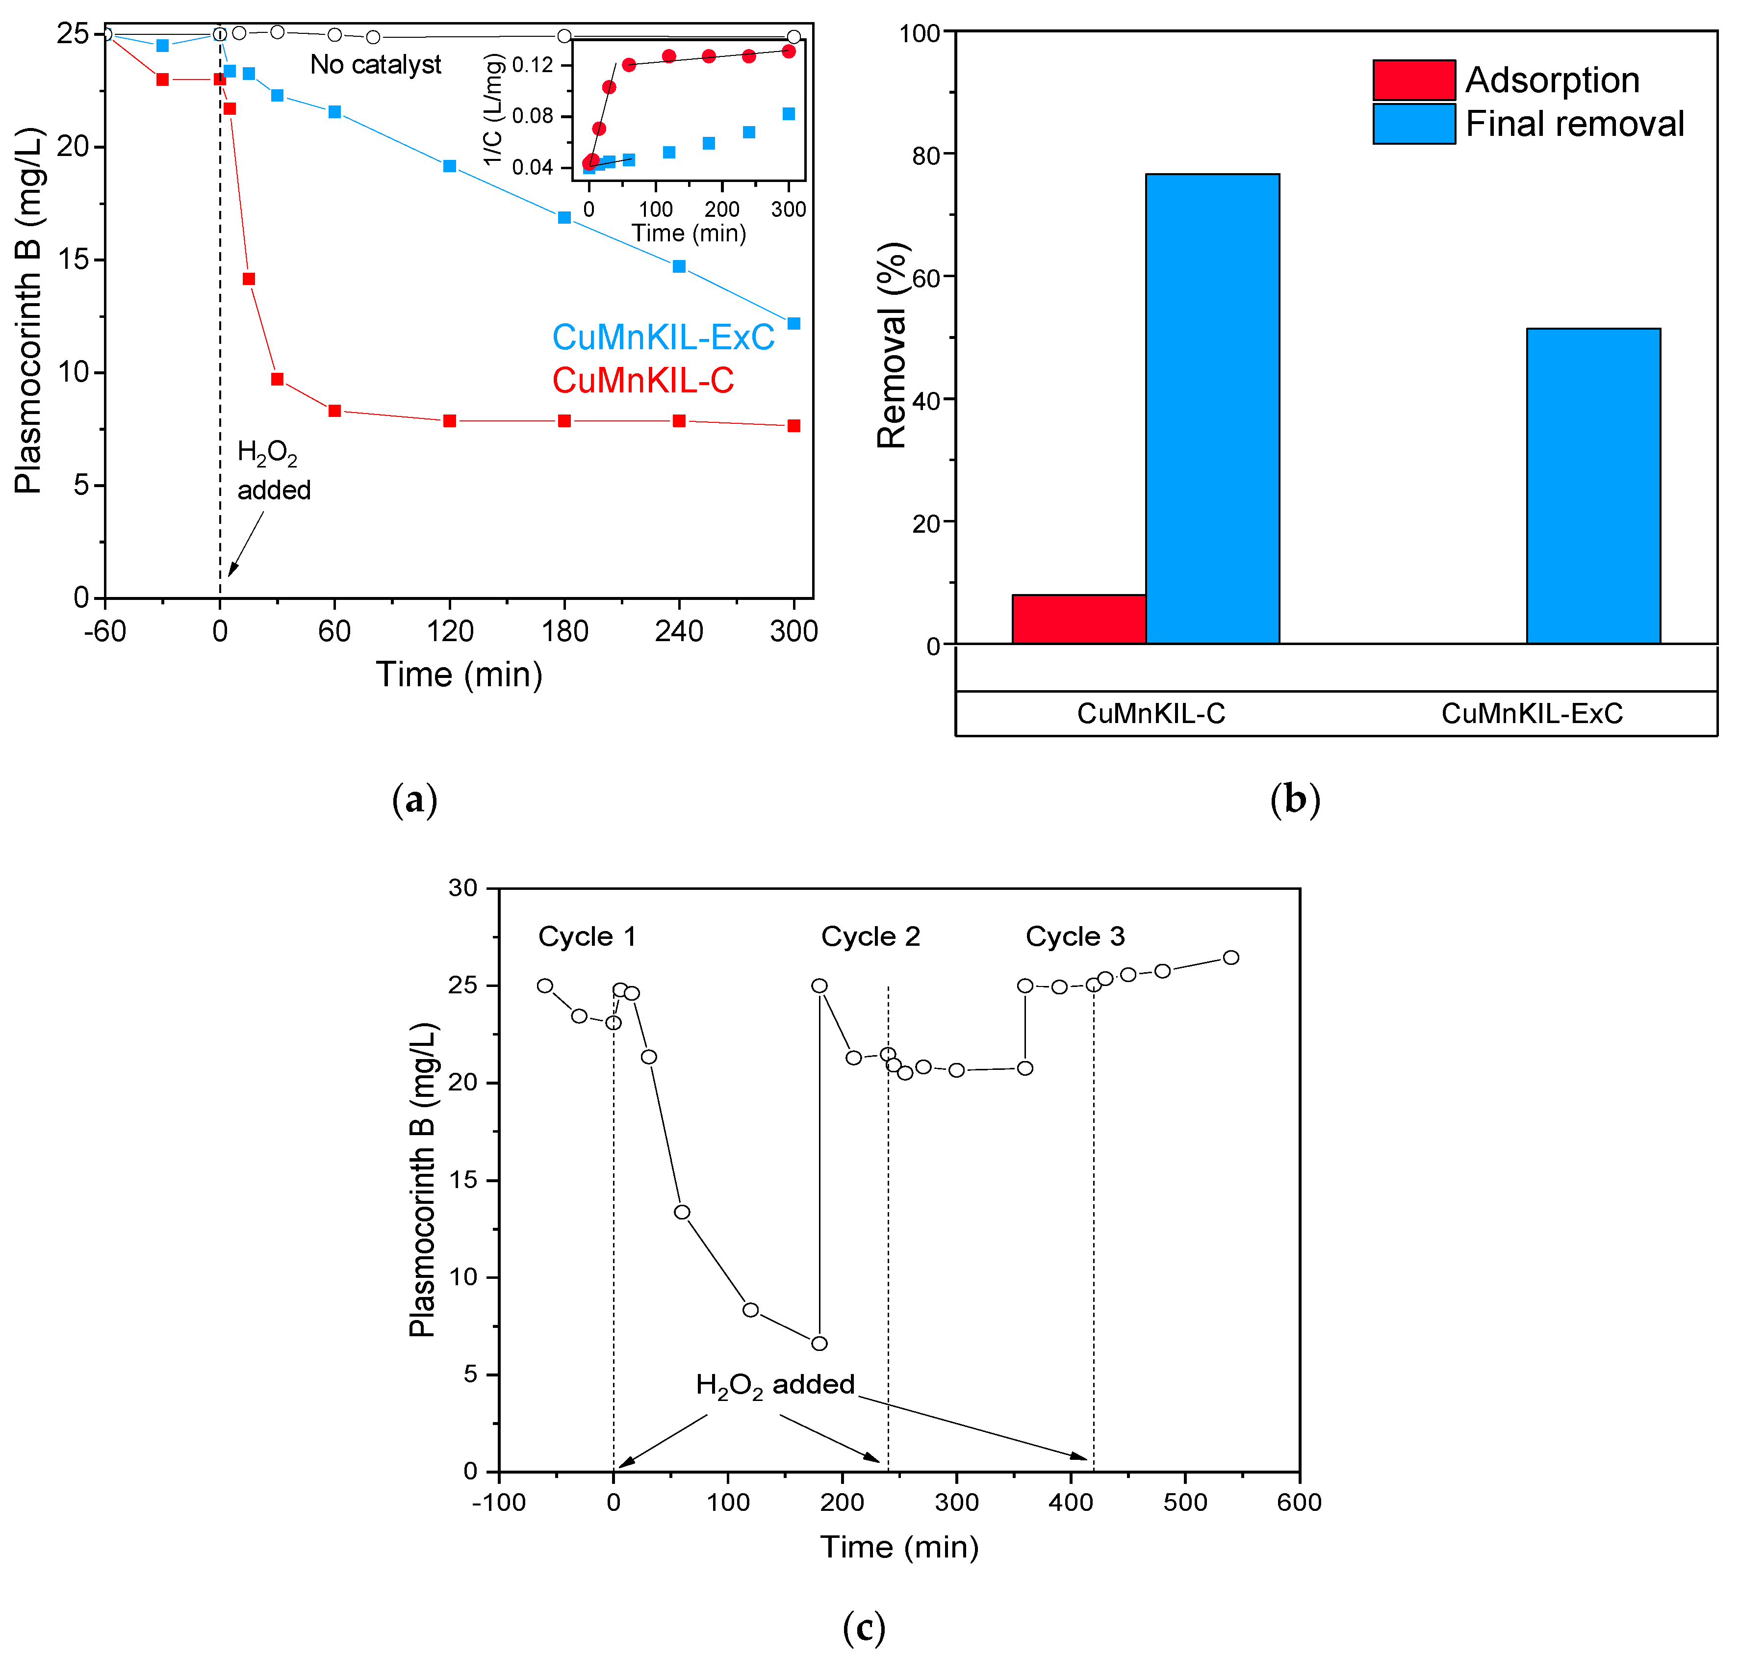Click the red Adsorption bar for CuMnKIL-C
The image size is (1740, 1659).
[1078, 619]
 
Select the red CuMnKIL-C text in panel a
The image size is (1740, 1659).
[643, 380]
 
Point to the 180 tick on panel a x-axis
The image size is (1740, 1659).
[564, 630]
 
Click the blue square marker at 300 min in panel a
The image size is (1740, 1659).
[793, 324]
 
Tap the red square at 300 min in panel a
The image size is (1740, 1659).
[793, 426]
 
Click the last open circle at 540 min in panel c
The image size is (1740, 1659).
[1230, 958]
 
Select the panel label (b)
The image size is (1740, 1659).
[1294, 800]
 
